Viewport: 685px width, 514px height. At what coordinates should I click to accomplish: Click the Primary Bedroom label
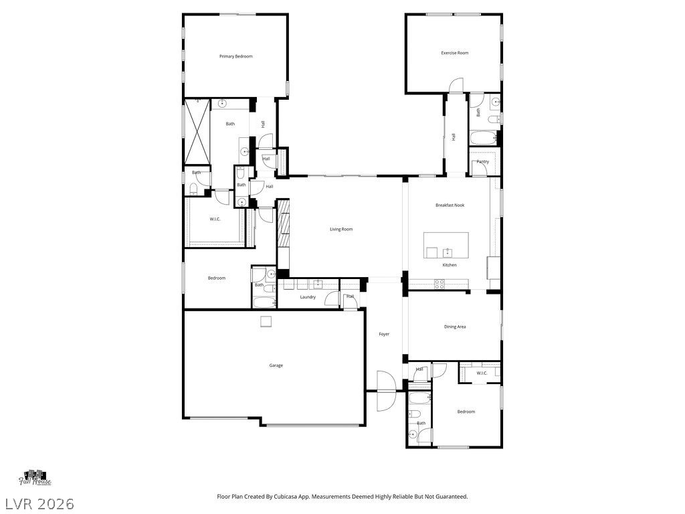coord(236,56)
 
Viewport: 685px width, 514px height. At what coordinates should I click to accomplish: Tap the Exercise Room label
coord(454,53)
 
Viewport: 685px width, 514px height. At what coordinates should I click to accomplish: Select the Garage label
coord(276,365)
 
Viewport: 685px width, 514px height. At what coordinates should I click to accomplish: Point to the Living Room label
coord(340,230)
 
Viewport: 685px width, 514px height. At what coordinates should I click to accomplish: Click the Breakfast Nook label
coord(450,205)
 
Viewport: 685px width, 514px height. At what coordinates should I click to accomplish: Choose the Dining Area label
coord(455,327)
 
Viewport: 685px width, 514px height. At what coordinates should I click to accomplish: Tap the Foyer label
coord(384,334)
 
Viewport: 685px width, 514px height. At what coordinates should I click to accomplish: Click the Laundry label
coord(308,297)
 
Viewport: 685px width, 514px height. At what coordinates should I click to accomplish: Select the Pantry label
coord(482,162)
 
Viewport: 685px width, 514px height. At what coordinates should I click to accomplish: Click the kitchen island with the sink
coord(446,246)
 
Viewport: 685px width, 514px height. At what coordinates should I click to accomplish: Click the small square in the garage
coord(266,322)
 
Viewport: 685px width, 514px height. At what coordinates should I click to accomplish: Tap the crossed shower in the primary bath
coord(197,131)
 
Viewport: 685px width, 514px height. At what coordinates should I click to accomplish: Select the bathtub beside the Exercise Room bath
coord(482,139)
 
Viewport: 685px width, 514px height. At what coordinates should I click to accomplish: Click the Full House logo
coord(35,477)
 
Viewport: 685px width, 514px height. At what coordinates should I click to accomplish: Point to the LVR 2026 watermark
coord(38,503)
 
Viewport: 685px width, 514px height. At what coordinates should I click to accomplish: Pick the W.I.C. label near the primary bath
coord(215,219)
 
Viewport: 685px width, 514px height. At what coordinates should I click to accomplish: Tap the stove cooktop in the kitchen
coord(439,284)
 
